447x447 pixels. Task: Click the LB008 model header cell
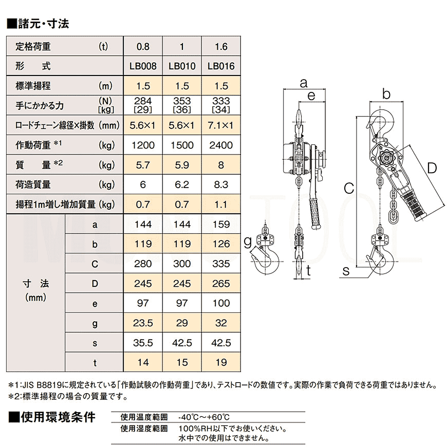[143, 66]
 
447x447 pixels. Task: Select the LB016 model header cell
[221, 66]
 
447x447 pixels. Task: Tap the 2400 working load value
[221, 145]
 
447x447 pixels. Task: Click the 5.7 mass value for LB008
[143, 165]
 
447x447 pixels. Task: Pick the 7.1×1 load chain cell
[221, 126]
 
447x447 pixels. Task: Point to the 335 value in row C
[221, 264]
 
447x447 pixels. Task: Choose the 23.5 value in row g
[143, 323]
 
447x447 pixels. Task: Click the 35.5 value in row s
[143, 343]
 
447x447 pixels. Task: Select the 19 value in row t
[221, 362]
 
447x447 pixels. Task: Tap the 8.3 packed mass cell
[221, 185]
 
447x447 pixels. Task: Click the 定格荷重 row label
[33, 47]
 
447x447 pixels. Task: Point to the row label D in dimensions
[95, 284]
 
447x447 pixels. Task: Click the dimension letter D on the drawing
[431, 168]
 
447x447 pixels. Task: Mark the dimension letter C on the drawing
[349, 188]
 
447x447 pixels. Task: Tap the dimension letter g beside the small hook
[248, 242]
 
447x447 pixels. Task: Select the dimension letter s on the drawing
[346, 271]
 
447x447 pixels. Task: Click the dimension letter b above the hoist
[386, 94]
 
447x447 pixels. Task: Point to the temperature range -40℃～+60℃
[204, 417]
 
